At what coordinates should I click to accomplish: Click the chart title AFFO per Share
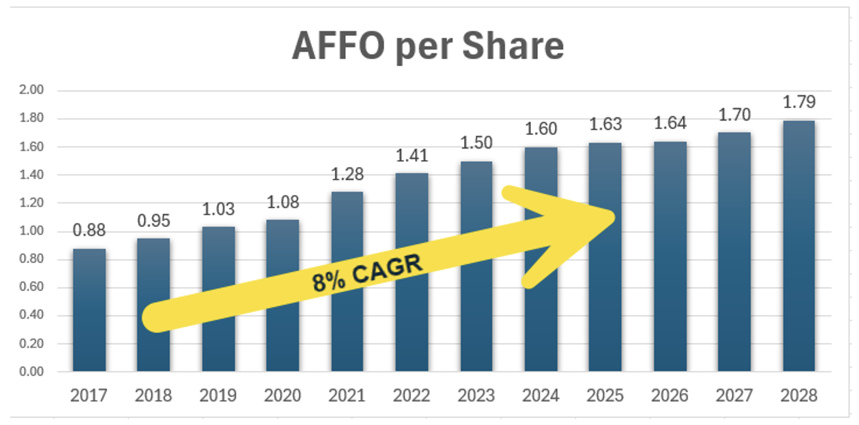point(428,46)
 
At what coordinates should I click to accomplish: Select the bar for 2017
point(89,310)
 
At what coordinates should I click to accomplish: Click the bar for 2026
point(670,256)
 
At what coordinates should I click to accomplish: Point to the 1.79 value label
point(799,102)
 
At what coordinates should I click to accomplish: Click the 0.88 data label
point(89,230)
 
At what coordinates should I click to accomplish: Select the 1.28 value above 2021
point(347,174)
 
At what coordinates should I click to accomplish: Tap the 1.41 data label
point(412,156)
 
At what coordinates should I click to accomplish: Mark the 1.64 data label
point(670,123)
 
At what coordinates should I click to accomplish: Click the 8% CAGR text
point(367,274)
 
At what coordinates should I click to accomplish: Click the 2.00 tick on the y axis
point(31,89)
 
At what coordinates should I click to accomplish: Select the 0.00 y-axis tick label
point(31,371)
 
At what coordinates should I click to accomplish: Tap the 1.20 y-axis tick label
point(31,203)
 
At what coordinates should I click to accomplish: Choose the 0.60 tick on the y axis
point(31,287)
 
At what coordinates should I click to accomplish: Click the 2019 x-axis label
point(218,396)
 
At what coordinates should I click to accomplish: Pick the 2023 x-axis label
point(476,396)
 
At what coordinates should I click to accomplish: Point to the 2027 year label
point(734,396)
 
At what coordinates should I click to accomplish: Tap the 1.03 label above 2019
point(218,209)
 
